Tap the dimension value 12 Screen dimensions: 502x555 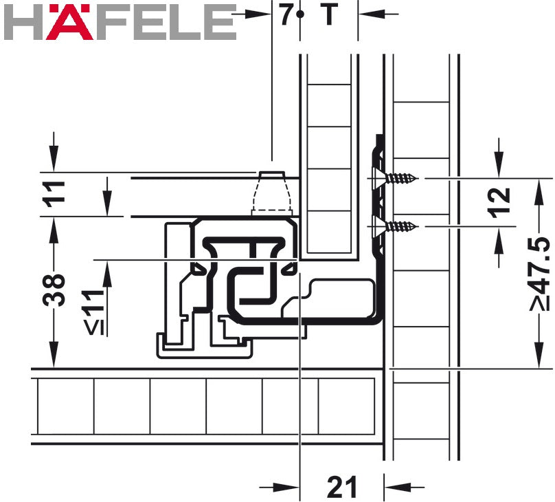point(501,202)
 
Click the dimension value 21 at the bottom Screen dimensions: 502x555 point(342,487)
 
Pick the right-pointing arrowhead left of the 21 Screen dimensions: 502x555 point(293,488)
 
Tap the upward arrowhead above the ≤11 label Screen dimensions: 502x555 point(106,269)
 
